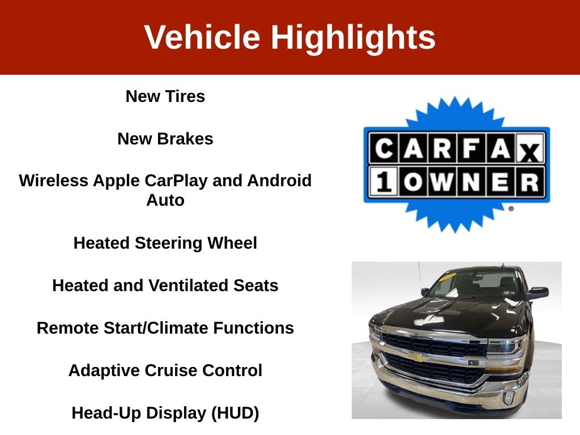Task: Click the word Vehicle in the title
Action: pos(202,37)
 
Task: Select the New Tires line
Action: pos(165,96)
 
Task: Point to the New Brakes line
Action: pos(165,139)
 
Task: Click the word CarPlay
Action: pos(176,181)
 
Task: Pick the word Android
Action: pos(279,181)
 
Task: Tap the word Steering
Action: pos(169,244)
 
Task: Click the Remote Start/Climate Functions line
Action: pos(165,328)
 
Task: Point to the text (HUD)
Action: pos(235,413)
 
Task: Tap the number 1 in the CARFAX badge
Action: pos(383,182)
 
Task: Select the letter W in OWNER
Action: pos(442,182)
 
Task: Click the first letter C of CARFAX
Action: pos(384,149)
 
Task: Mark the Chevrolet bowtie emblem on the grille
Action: pos(419,357)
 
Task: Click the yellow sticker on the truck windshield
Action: pos(447,276)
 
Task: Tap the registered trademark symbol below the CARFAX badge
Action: pos(511,208)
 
